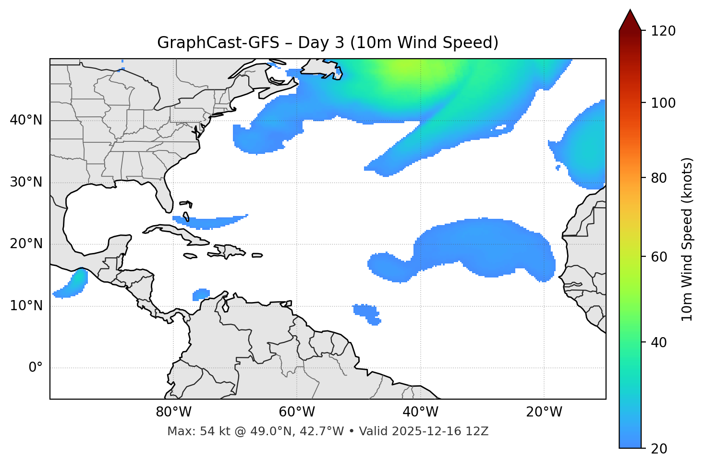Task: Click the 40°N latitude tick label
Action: [x=26, y=120]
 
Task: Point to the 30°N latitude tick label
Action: [x=26, y=182]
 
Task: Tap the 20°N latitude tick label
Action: [x=26, y=244]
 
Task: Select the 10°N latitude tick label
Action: [x=26, y=306]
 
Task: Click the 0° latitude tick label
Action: [x=36, y=368]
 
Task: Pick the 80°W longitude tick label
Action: [x=174, y=412]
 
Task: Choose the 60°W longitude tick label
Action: [x=297, y=412]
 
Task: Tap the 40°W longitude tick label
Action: [x=421, y=412]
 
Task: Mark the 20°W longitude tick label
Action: [x=544, y=412]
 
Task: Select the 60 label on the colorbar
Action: [x=661, y=257]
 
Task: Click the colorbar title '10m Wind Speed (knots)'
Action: [x=687, y=239]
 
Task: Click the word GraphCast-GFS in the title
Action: [x=218, y=43]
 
